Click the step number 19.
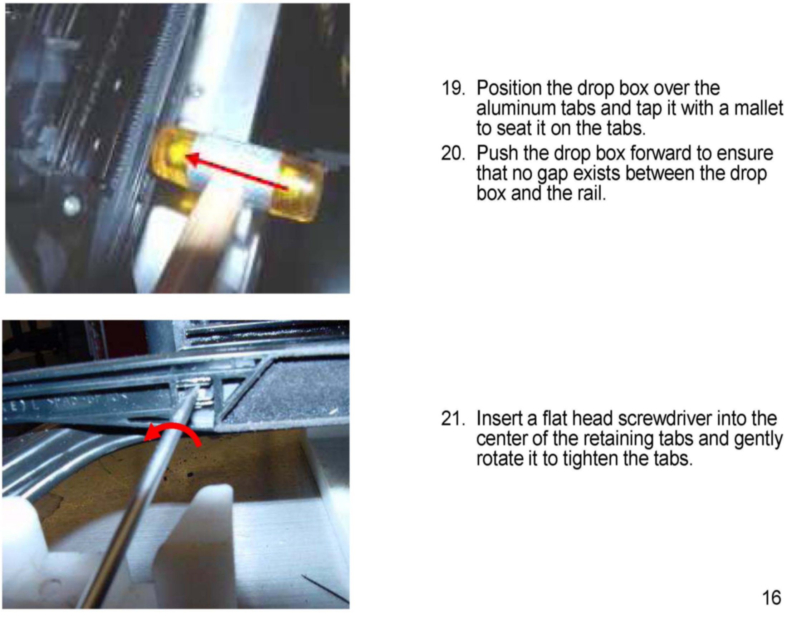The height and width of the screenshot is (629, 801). click(453, 88)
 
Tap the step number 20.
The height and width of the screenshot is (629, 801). click(453, 153)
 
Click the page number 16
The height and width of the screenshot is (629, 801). click(771, 597)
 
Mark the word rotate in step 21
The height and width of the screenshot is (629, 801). click(500, 458)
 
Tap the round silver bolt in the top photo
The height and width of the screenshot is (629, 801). click(72, 205)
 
